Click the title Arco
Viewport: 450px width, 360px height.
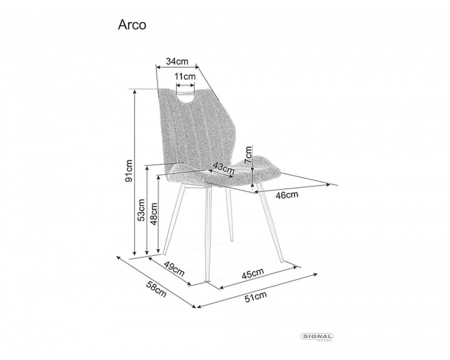132,25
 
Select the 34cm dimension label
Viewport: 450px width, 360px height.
177,61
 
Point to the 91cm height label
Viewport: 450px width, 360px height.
128,171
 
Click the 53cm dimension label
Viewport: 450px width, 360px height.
141,210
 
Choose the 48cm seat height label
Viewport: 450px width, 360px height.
154,213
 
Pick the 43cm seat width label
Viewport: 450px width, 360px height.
223,167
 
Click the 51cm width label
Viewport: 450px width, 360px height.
255,297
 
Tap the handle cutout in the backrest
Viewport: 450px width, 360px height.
185,97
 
